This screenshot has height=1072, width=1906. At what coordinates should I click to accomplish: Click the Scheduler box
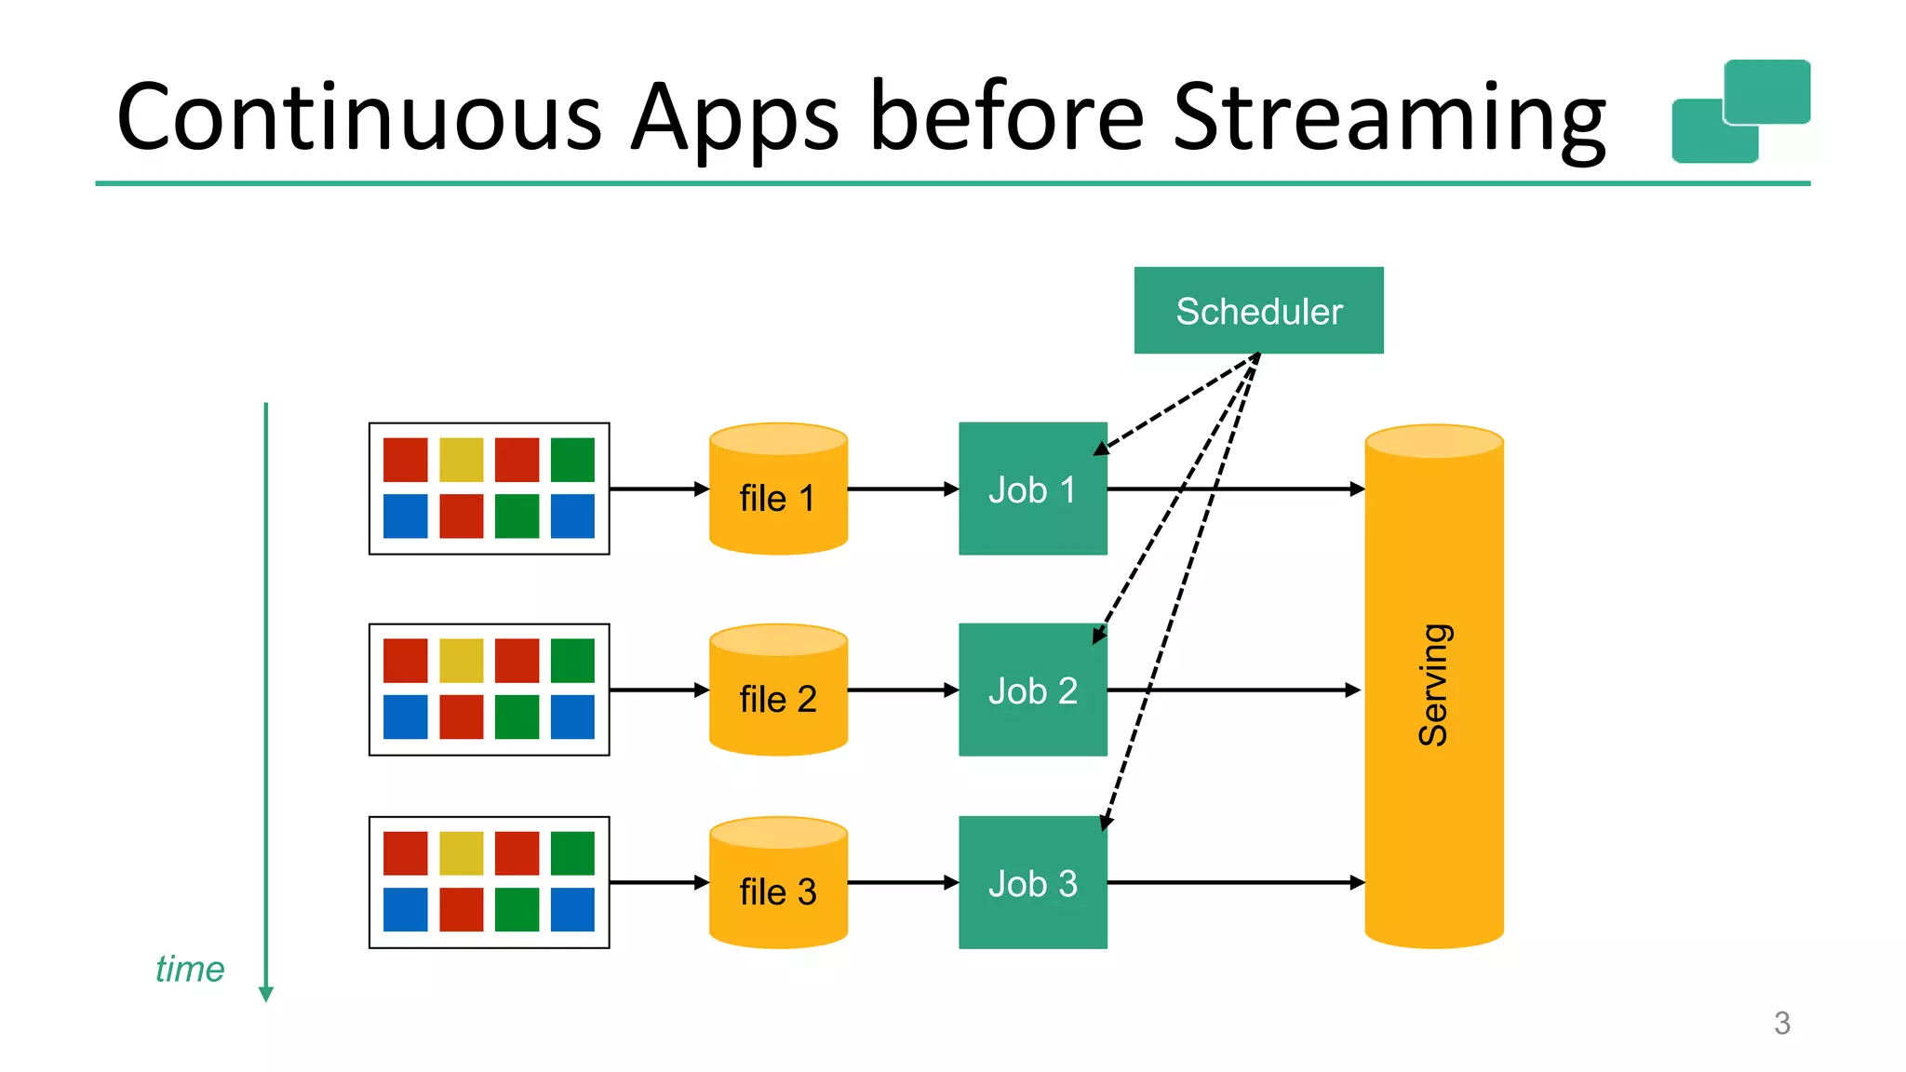point(1258,311)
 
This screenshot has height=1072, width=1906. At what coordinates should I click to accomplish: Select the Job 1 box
point(1032,489)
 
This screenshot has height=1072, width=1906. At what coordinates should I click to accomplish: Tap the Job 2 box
point(1032,690)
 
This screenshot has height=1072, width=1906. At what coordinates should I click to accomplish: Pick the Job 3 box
point(1032,883)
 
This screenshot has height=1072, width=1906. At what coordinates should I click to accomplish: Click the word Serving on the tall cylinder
point(1433,685)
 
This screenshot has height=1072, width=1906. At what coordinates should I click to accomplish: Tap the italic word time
point(190,970)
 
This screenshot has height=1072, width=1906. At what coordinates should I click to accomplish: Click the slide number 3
point(1781,1024)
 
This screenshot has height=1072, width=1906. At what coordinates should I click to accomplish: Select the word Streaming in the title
point(1389,117)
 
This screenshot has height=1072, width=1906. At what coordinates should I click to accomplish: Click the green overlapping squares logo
point(1740,112)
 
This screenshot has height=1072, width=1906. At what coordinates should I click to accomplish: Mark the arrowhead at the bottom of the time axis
point(266,994)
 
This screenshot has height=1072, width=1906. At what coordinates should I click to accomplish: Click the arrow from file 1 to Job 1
point(903,489)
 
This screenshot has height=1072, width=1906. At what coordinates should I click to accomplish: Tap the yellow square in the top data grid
point(462,460)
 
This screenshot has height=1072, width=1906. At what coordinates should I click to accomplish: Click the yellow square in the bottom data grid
point(462,853)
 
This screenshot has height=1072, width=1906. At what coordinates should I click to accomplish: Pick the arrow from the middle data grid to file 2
point(659,690)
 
